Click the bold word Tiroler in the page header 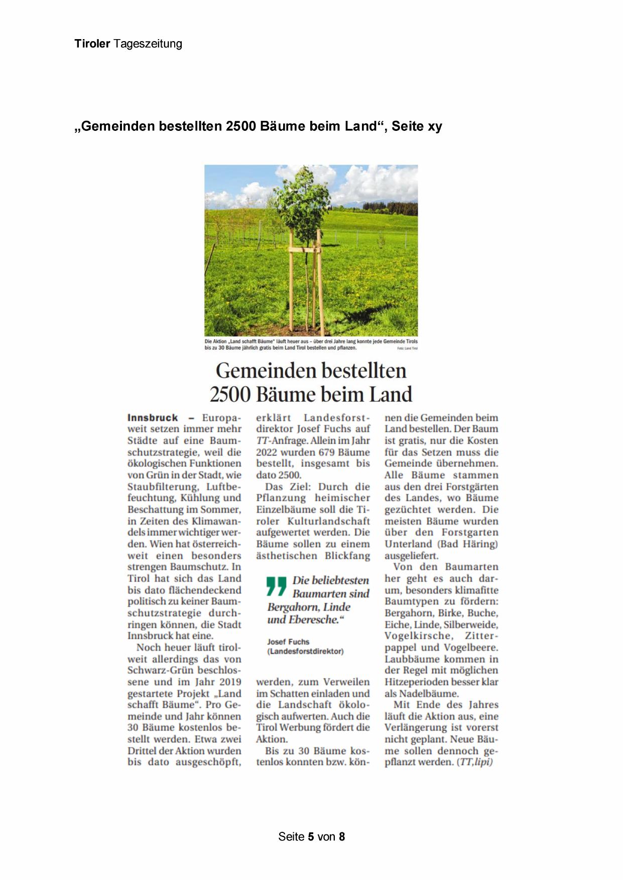click(x=92, y=44)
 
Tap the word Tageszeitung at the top click(x=148, y=44)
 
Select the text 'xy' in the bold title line click(x=435, y=126)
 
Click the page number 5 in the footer click(x=311, y=836)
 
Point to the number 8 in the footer click(x=342, y=836)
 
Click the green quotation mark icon click(x=276, y=586)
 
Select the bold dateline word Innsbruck click(x=153, y=418)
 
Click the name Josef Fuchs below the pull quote click(x=288, y=642)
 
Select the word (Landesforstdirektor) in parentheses click(x=305, y=651)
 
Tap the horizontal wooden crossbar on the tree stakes click(x=305, y=249)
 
